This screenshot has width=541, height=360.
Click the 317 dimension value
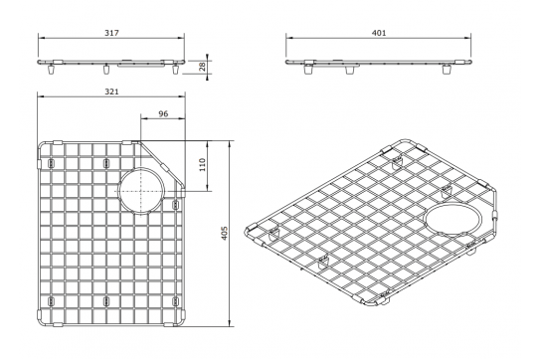pyautogui.click(x=110, y=33)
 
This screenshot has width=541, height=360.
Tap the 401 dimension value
pyautogui.click(x=378, y=33)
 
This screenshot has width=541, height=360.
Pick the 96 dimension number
pyautogui.click(x=162, y=113)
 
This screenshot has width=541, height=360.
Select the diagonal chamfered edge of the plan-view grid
pyautogui.click(x=163, y=161)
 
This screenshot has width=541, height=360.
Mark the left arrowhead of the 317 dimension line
pyautogui.click(x=41, y=40)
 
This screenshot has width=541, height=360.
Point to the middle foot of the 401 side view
pyautogui.click(x=347, y=71)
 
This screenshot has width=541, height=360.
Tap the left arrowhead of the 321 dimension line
pyautogui.click(x=41, y=98)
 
